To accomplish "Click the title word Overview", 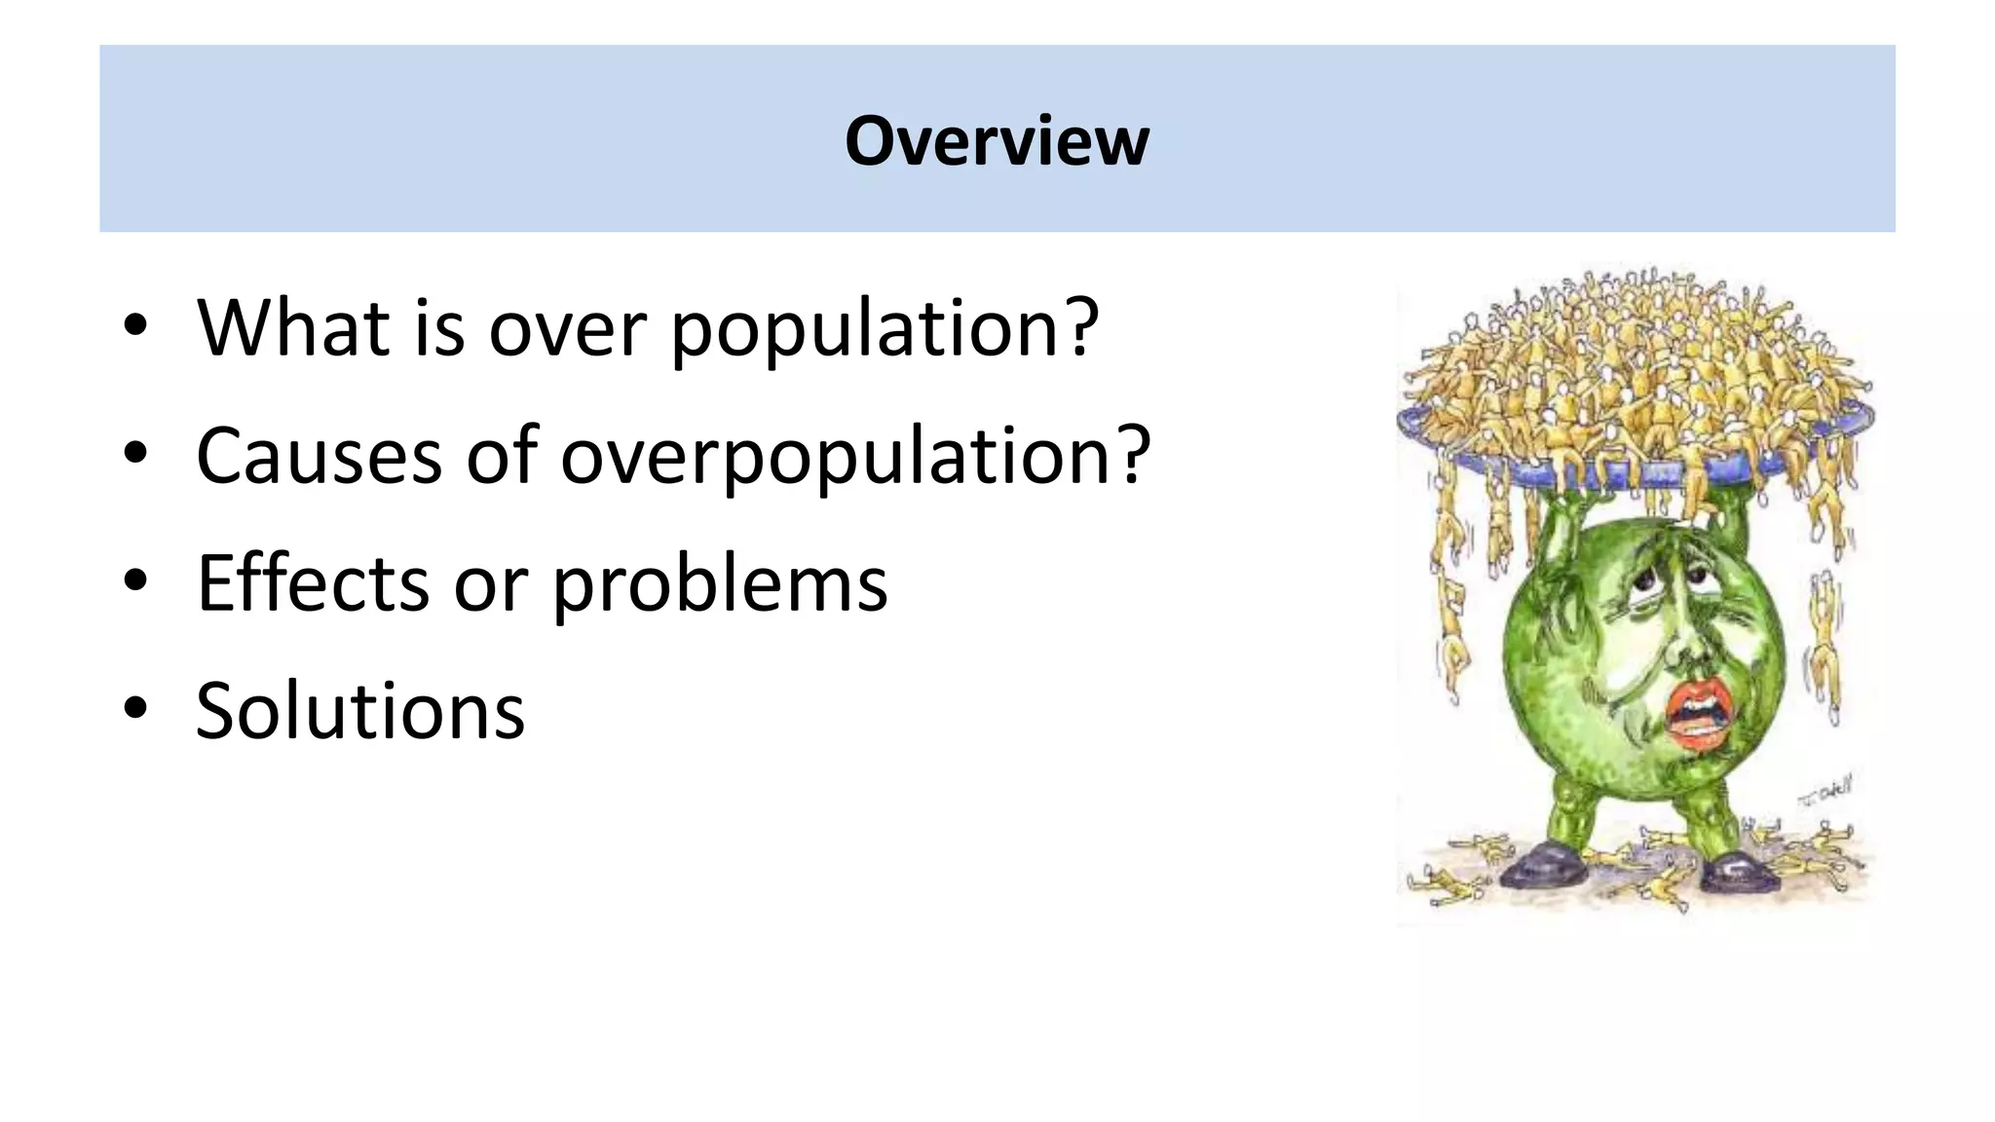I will pos(997,141).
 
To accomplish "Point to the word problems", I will pos(720,584).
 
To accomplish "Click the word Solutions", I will pos(360,710).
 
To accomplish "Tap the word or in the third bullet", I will pos(492,584).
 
